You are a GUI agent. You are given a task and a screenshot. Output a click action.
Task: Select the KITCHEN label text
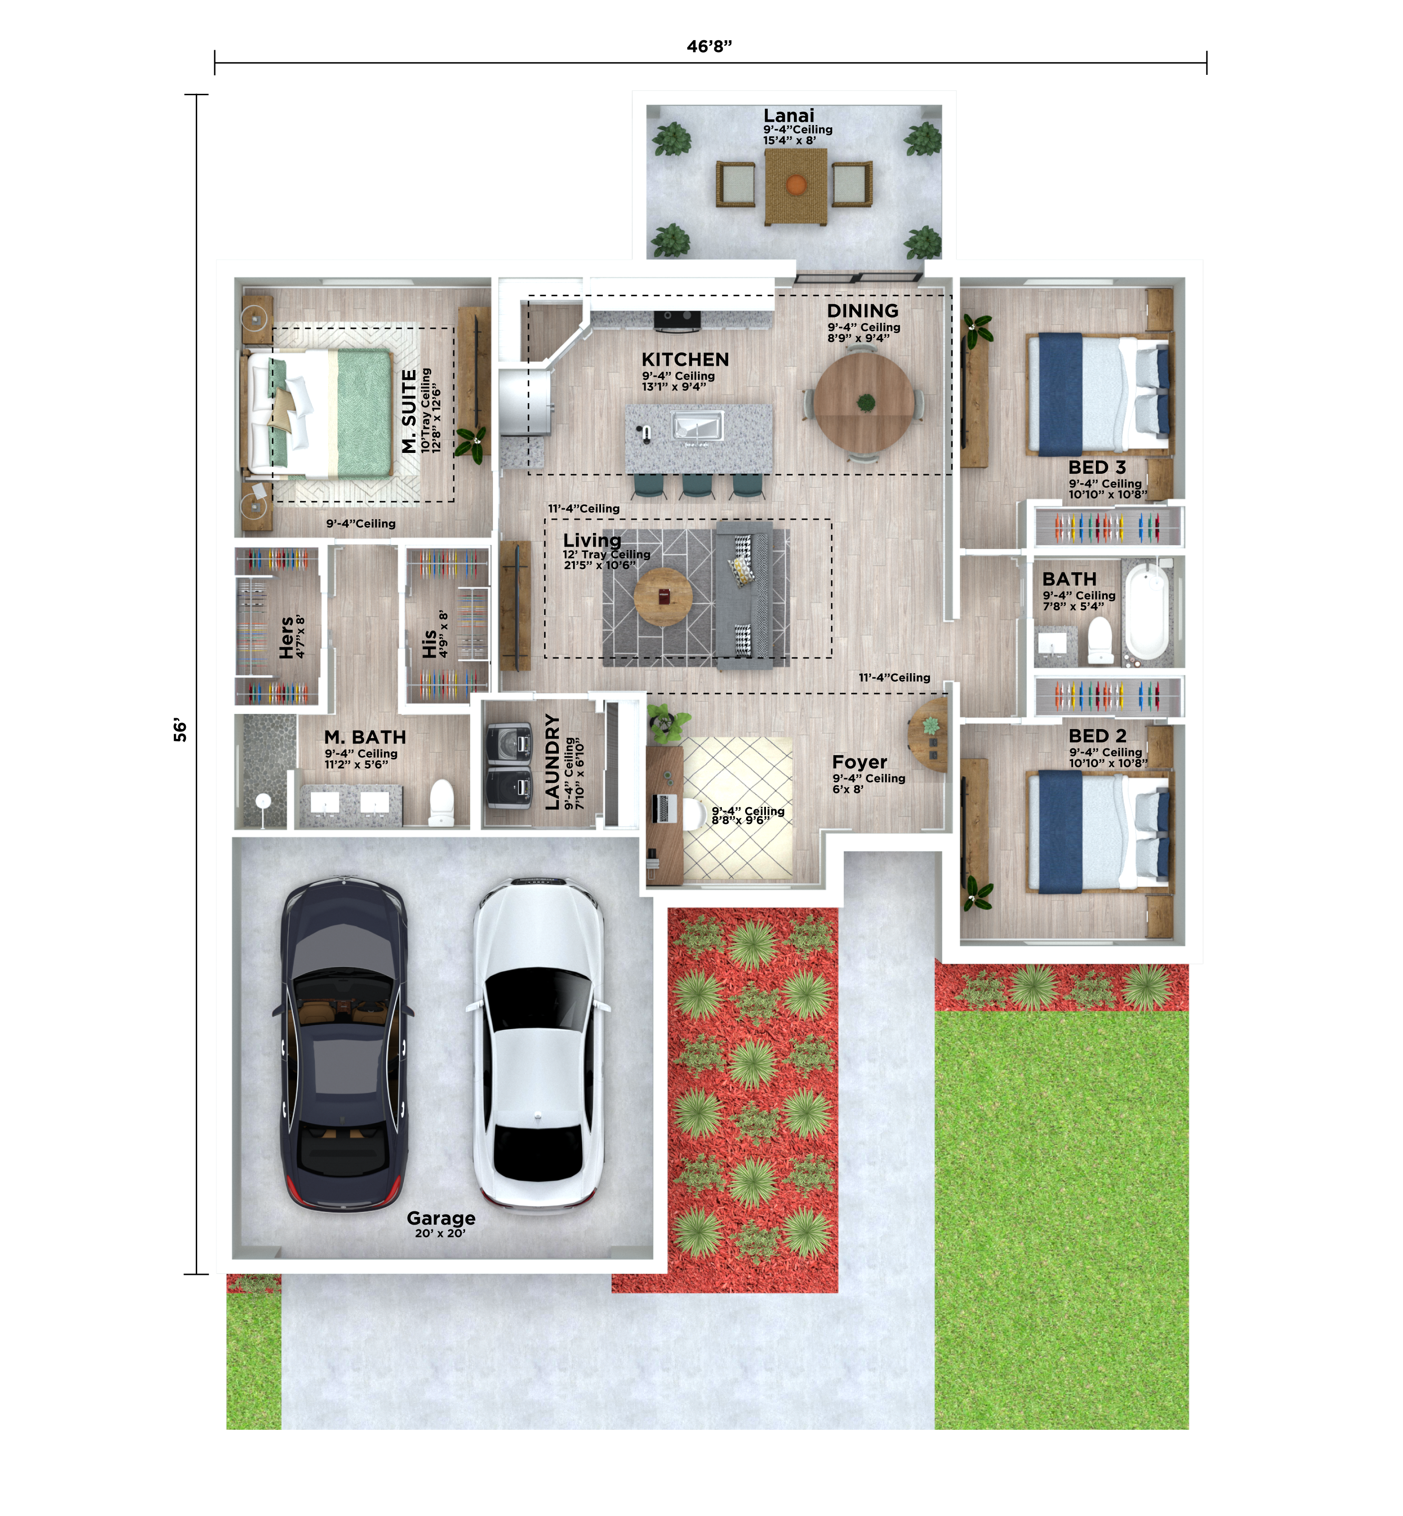pyautogui.click(x=685, y=360)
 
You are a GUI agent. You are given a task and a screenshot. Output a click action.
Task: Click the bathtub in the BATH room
pyautogui.click(x=1147, y=613)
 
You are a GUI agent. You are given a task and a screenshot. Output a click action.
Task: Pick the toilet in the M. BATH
pyautogui.click(x=441, y=803)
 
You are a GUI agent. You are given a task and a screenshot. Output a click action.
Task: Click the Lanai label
pyautogui.click(x=789, y=115)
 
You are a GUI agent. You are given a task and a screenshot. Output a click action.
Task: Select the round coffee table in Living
pyautogui.click(x=663, y=597)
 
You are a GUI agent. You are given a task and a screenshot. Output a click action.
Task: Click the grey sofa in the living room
pyautogui.click(x=745, y=596)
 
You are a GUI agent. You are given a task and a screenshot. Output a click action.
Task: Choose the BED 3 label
pyautogui.click(x=1097, y=468)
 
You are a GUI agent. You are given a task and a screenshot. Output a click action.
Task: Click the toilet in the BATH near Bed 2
pyautogui.click(x=1100, y=640)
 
